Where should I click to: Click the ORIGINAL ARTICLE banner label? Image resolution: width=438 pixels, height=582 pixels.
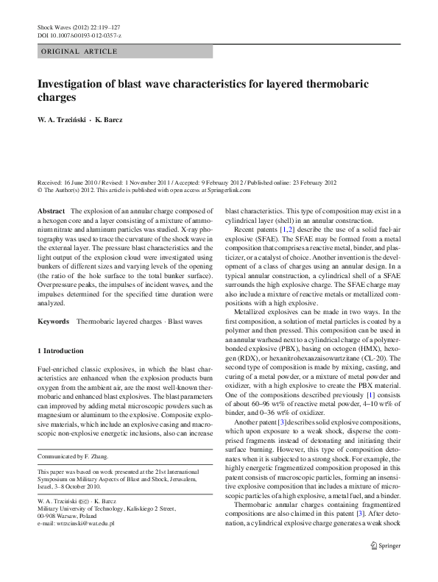coord(79,51)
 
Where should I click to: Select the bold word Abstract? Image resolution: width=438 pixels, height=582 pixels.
coord(50,211)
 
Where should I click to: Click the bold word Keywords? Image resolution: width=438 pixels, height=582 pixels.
coord(53,322)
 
